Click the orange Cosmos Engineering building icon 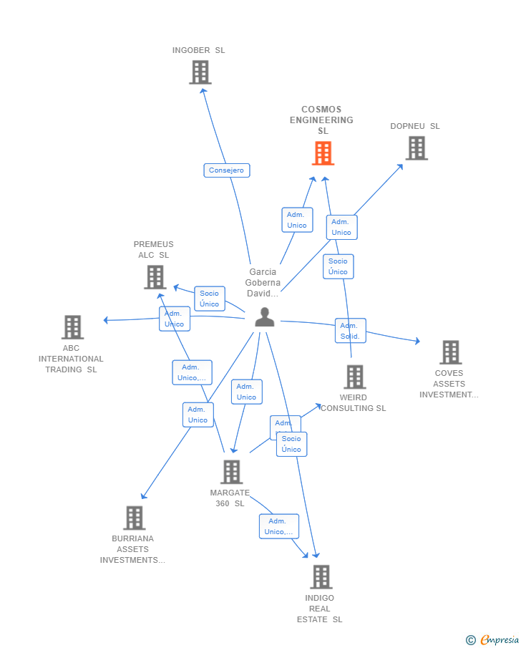[x=323, y=153]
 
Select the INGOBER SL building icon [x=200, y=72]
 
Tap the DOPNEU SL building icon [x=417, y=148]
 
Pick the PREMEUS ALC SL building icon [x=155, y=277]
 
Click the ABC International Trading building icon [x=72, y=327]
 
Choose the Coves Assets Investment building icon [x=450, y=352]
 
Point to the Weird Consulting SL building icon [x=355, y=377]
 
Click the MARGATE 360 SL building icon [x=231, y=472]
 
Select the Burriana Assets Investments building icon [x=134, y=518]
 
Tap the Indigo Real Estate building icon [x=321, y=577]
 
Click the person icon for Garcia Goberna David [x=265, y=317]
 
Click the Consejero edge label [x=227, y=170]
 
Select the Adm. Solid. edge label [x=350, y=331]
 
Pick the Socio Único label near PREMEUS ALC [x=210, y=299]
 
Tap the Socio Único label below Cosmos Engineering [x=338, y=266]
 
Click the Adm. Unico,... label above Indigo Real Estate [x=278, y=526]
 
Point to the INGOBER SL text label [x=198, y=50]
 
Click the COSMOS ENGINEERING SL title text [x=321, y=120]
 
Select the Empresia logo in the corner [x=493, y=639]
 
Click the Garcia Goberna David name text [x=263, y=283]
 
